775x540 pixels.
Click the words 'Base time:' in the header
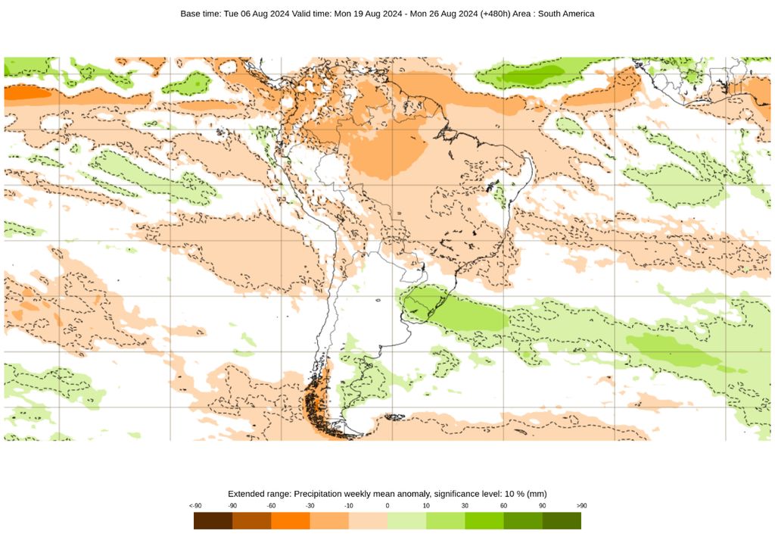201,14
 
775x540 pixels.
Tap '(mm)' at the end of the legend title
536,494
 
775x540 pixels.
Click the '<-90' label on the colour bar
195,506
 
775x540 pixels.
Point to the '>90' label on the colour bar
580,506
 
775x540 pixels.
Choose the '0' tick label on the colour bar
387,506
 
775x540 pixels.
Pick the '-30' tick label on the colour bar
310,506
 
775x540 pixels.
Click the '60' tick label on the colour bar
503,506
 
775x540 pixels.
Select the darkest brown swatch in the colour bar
213,521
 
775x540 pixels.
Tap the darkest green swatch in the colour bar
562,521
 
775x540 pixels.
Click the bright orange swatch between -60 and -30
291,521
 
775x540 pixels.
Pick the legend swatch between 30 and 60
484,521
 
